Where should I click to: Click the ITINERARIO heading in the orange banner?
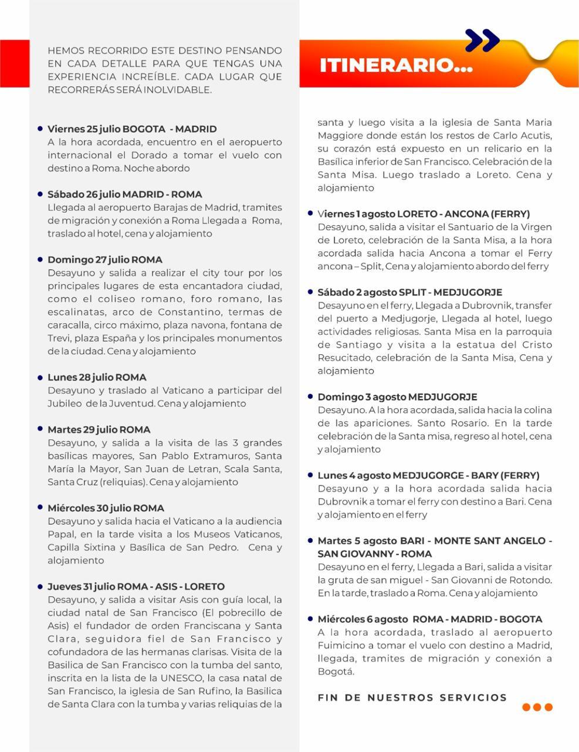[x=396, y=65]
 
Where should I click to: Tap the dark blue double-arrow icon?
[x=482, y=41]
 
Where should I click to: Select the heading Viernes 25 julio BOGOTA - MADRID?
[x=132, y=129]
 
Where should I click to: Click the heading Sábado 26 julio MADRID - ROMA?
[x=124, y=194]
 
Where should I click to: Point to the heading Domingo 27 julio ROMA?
[x=105, y=260]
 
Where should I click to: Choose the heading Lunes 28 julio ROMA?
[x=97, y=377]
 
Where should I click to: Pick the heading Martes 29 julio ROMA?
[x=99, y=429]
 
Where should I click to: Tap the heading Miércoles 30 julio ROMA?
[x=106, y=508]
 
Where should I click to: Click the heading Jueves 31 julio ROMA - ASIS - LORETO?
[x=136, y=586]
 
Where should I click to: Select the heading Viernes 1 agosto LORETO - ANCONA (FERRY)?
[x=424, y=214]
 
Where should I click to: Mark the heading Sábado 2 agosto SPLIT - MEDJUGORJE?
[x=410, y=292]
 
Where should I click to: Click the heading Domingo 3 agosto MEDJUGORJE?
[x=397, y=397]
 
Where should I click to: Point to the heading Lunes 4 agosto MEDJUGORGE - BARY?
[x=428, y=475]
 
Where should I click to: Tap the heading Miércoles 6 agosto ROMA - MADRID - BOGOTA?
[x=430, y=619]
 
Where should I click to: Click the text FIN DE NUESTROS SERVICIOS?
[x=412, y=697]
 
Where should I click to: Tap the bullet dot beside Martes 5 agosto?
[x=310, y=540]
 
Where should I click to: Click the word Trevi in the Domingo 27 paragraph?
[x=59, y=338]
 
